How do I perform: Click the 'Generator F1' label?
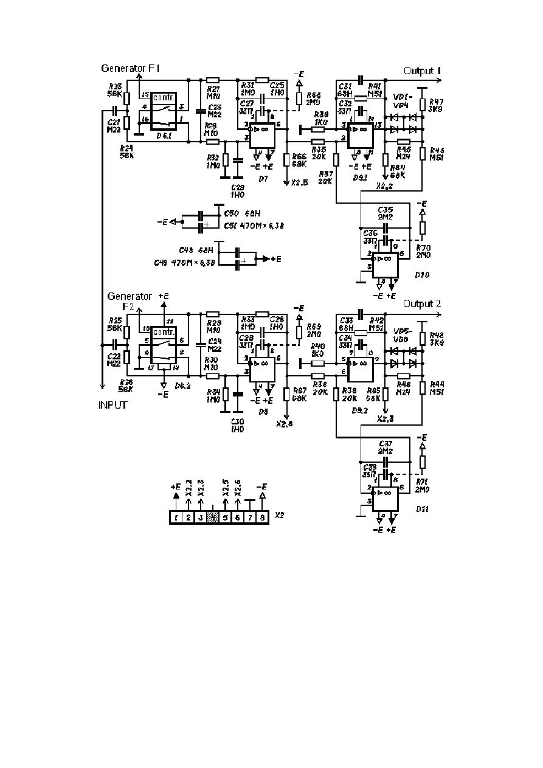click(x=130, y=69)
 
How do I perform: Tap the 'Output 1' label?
click(x=423, y=71)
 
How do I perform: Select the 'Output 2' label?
click(x=423, y=303)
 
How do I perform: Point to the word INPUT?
click(x=113, y=404)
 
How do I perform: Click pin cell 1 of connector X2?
click(x=175, y=517)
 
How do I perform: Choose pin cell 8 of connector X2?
click(x=262, y=517)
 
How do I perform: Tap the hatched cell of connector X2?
click(x=212, y=517)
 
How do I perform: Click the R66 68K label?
click(x=299, y=160)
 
